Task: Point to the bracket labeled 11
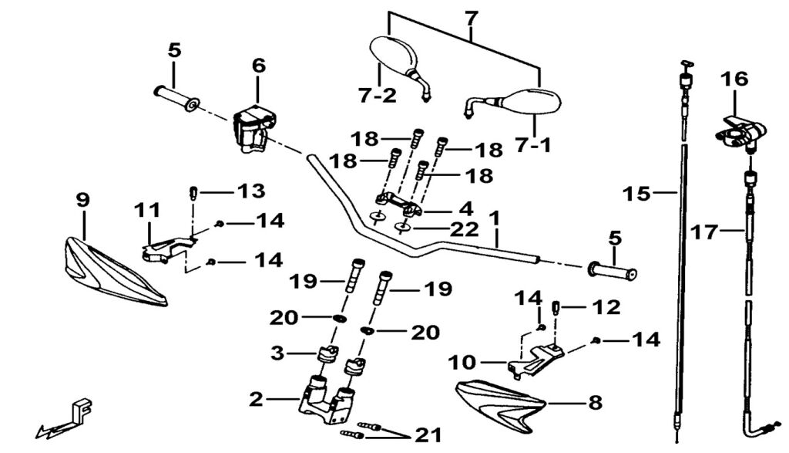pos(166,245)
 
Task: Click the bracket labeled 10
pos(536,357)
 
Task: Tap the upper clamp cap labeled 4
pos(398,205)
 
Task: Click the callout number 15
pos(637,194)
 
